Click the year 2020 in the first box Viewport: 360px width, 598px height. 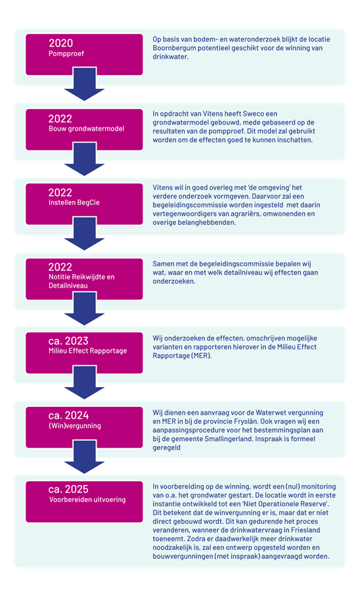(x=60, y=43)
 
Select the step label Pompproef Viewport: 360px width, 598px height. (x=66, y=54)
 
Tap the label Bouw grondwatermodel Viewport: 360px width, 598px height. (x=86, y=129)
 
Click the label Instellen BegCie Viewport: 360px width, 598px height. (x=74, y=202)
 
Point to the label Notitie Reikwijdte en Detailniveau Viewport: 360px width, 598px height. (x=81, y=281)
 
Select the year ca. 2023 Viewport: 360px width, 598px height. (x=68, y=340)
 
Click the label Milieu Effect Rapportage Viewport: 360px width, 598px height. (x=88, y=351)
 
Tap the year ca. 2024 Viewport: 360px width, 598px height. (x=68, y=415)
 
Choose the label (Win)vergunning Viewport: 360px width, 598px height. (x=75, y=426)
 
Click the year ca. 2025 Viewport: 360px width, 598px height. (x=68, y=489)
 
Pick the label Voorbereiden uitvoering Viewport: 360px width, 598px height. (x=87, y=499)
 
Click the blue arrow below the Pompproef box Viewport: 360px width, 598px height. (x=84, y=84)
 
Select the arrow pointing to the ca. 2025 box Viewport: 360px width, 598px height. (x=84, y=457)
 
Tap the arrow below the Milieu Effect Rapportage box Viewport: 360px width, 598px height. (x=84, y=382)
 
